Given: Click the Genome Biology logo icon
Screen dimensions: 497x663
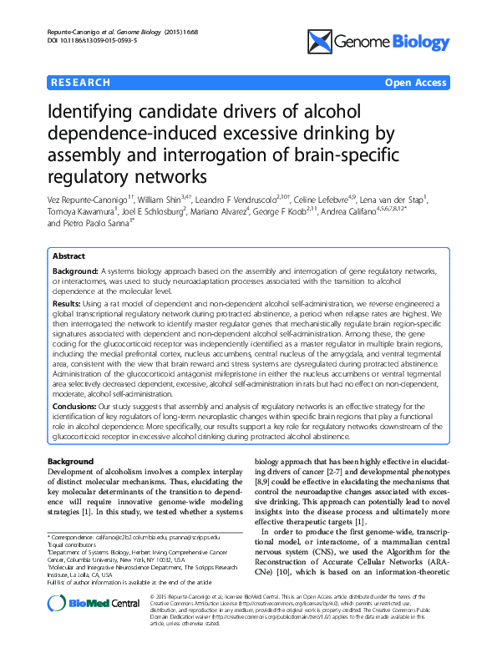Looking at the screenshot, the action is (x=321, y=39).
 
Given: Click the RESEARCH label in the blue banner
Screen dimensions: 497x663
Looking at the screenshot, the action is (x=81, y=83).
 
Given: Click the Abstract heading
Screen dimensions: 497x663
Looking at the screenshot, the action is (x=69, y=256).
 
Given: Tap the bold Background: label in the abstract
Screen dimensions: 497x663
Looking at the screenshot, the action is (x=75, y=271).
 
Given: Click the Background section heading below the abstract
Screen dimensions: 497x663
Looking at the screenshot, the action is (x=71, y=461).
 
